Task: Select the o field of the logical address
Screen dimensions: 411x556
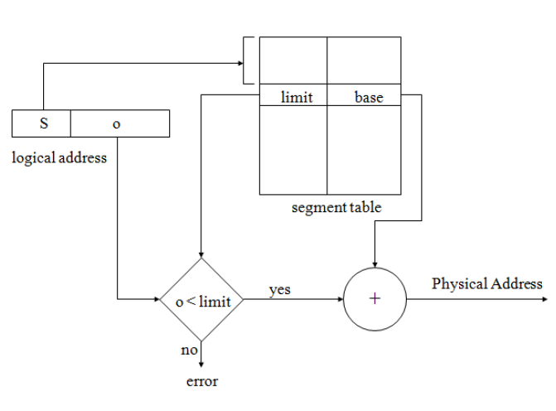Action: pyautogui.click(x=117, y=123)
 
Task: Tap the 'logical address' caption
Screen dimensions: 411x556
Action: pyautogui.click(x=59, y=157)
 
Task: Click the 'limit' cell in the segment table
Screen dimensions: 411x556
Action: pyautogui.click(x=296, y=98)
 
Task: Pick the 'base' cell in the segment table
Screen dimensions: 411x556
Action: pyautogui.click(x=368, y=98)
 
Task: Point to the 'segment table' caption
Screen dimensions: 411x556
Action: pyautogui.click(x=336, y=207)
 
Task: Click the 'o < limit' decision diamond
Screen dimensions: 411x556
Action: pyautogui.click(x=201, y=300)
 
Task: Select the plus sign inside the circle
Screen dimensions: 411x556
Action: pyautogui.click(x=375, y=299)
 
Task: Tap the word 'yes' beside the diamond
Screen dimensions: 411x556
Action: pyautogui.click(x=279, y=290)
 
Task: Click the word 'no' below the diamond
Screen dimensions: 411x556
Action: pyautogui.click(x=189, y=350)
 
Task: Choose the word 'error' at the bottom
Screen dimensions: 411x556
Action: pyautogui.click(x=201, y=382)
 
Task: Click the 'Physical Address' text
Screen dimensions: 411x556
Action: pyautogui.click(x=487, y=284)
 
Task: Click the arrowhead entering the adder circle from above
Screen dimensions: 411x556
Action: pyautogui.click(x=375, y=263)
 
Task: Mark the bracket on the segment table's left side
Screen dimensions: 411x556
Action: pyautogui.click(x=248, y=60)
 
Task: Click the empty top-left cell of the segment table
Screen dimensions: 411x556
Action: pyautogui.click(x=293, y=60)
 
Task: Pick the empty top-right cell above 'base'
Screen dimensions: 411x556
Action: pyautogui.click(x=364, y=60)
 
